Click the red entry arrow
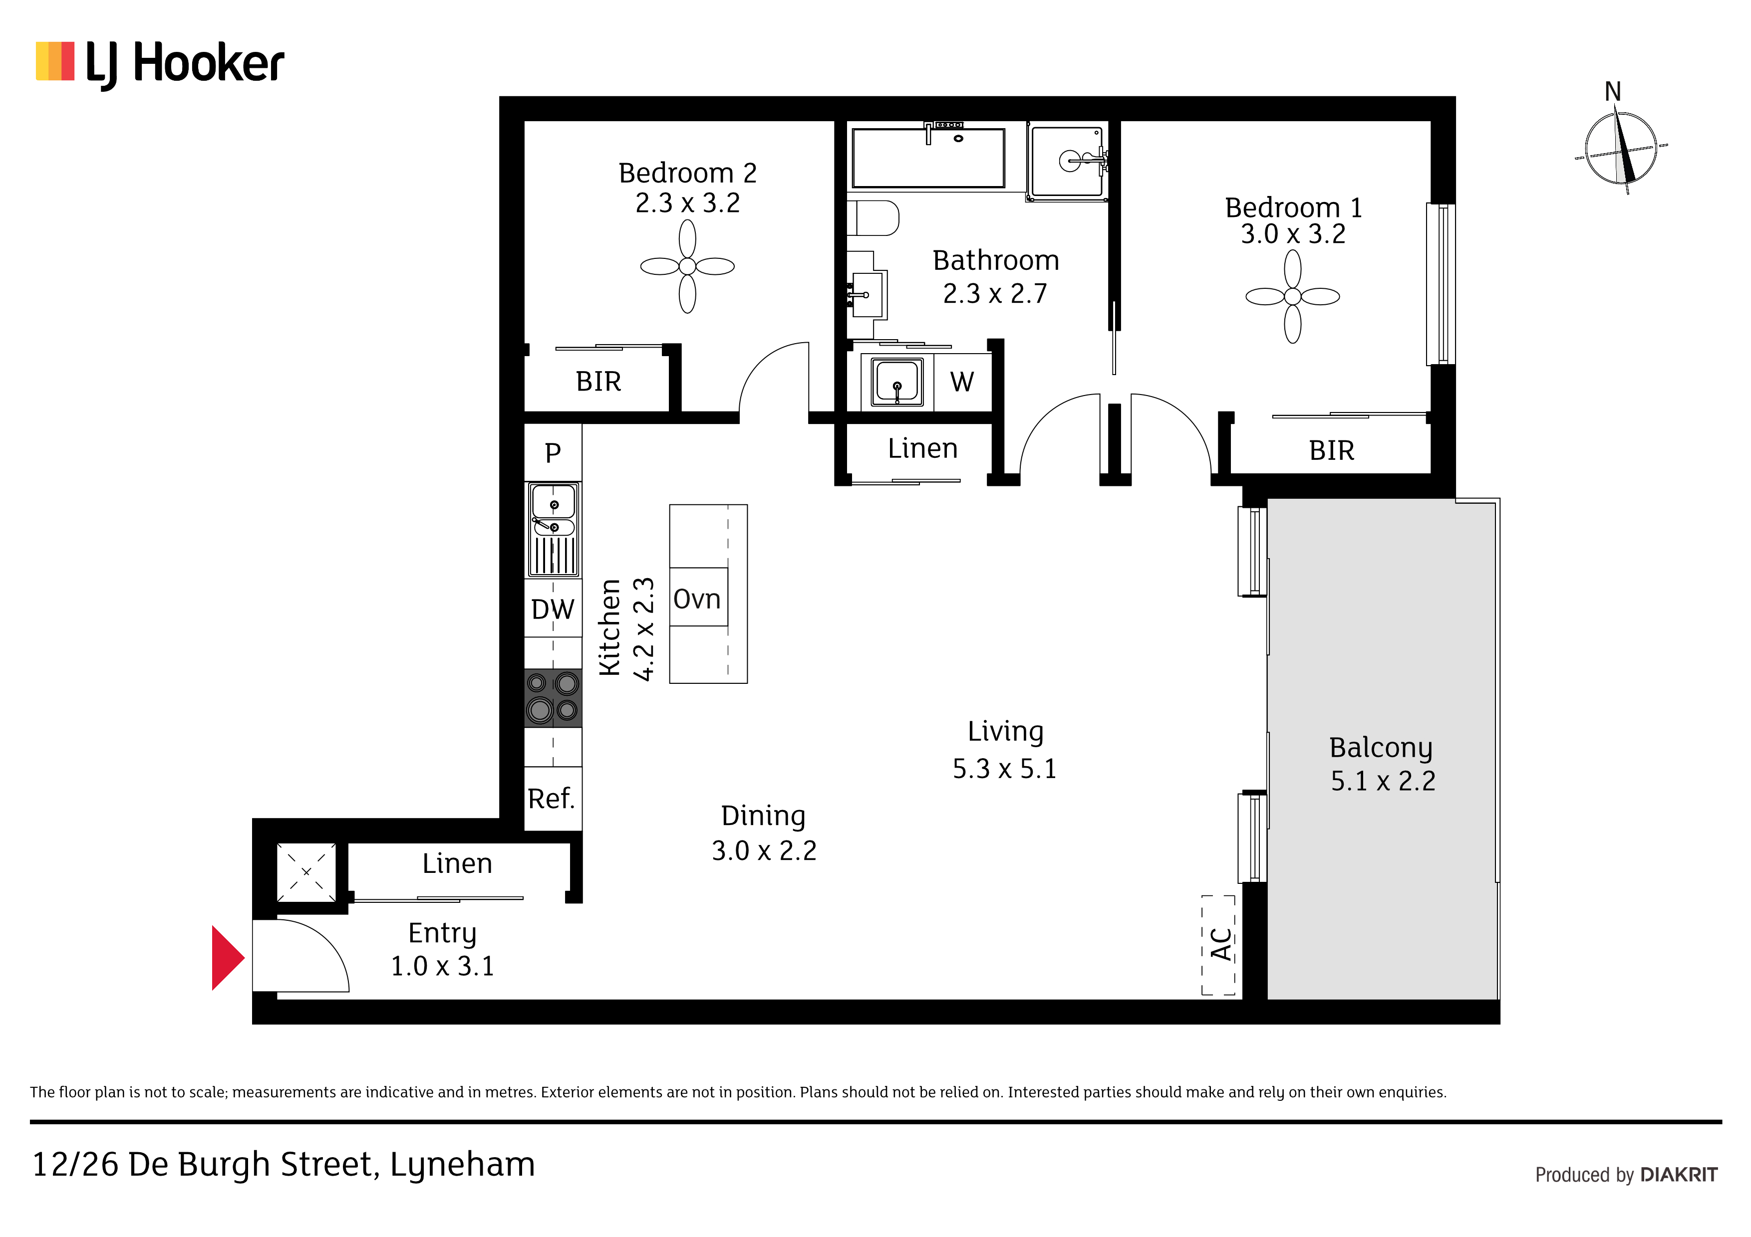click(x=227, y=958)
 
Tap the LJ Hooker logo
click(x=160, y=64)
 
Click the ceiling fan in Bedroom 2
click(x=687, y=266)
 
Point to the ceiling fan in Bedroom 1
click(x=1293, y=296)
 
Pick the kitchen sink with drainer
click(x=554, y=529)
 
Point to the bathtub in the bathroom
click(x=928, y=158)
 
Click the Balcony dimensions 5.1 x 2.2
click(x=1383, y=781)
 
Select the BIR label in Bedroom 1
click(x=1332, y=450)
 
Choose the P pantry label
click(x=553, y=453)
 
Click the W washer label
click(x=962, y=381)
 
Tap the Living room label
click(x=1005, y=732)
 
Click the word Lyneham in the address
click(x=462, y=1165)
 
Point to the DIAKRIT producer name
click(x=1679, y=1175)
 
